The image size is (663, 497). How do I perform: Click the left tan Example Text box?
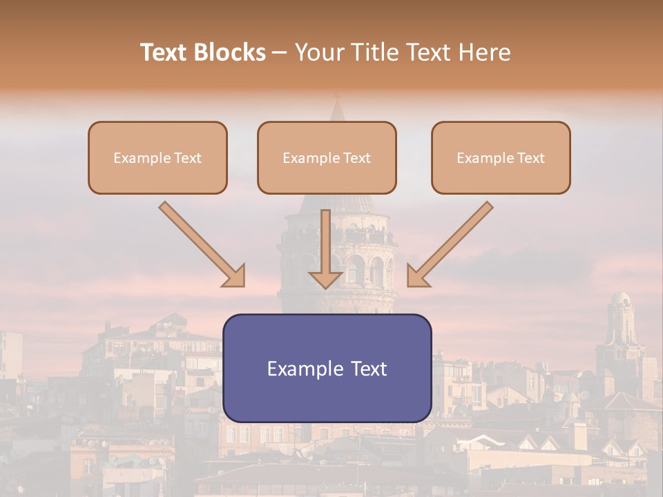[157, 158]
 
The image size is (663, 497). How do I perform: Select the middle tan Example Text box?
[327, 158]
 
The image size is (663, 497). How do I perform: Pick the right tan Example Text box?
[501, 158]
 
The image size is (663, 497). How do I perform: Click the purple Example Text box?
[327, 369]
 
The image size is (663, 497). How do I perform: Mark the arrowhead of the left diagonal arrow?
[236, 277]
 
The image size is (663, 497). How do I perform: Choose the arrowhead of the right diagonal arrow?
[417, 277]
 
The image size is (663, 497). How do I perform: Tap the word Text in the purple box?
[369, 369]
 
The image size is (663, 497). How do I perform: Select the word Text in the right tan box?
[531, 158]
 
